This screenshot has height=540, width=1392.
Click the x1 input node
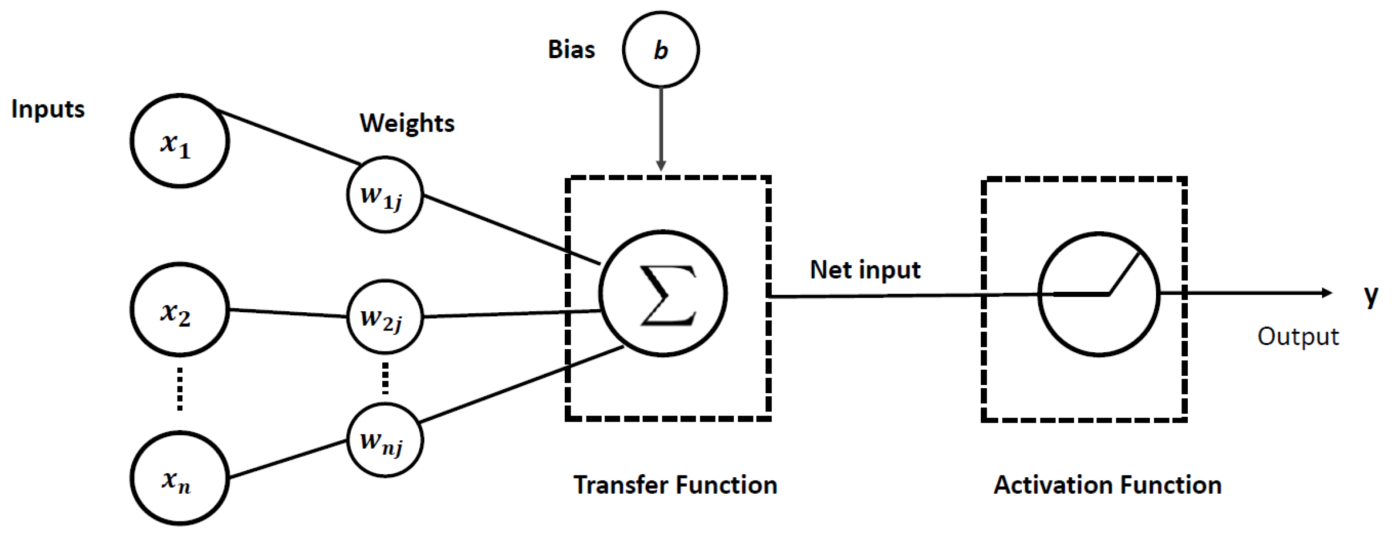coord(179,141)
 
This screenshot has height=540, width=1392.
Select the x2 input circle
coord(179,310)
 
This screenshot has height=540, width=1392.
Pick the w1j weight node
coord(385,195)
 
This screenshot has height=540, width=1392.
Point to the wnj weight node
coord(385,440)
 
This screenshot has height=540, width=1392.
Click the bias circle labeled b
coord(660,50)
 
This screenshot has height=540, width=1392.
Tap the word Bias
coord(571,50)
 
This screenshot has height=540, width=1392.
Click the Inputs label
coord(48,109)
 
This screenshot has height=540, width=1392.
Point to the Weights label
coord(407,123)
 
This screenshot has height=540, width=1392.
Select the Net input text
coord(865,270)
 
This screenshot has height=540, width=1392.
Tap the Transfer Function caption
coord(675,485)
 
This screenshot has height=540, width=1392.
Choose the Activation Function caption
coord(1107,485)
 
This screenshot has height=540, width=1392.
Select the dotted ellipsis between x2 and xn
coord(179,389)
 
